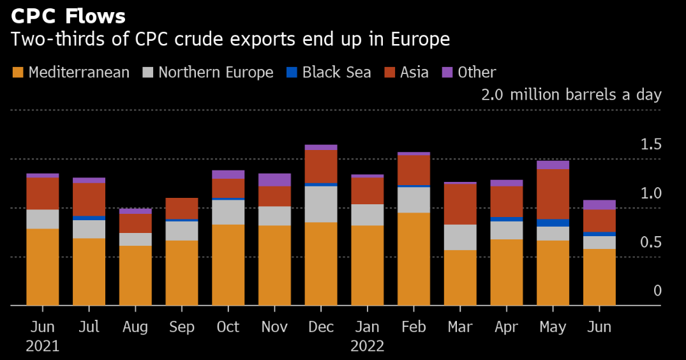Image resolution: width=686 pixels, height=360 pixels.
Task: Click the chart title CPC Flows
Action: coord(68,15)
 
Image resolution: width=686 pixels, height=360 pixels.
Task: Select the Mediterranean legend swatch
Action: coord(19,72)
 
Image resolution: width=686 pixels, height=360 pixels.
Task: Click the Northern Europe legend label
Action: coord(216,72)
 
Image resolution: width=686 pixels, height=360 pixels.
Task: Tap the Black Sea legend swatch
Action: coord(292,72)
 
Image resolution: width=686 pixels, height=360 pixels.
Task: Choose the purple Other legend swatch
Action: coord(447,72)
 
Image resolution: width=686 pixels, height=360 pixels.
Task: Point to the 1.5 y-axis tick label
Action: coord(652,145)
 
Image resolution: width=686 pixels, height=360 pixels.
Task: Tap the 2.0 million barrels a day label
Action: coord(571,95)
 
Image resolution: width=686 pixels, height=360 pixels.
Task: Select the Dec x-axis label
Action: coord(321,327)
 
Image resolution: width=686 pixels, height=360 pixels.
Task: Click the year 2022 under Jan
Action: coord(367,347)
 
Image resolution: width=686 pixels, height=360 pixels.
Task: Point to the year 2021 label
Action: coord(43,347)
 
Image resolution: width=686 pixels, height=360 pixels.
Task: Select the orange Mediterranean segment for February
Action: coord(414,259)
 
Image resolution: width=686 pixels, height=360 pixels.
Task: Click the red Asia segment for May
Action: coord(553,194)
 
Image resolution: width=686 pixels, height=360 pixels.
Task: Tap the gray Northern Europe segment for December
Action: coord(321,204)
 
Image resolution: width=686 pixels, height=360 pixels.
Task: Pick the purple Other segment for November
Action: coord(274,179)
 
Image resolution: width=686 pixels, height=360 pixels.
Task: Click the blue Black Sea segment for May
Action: coord(553,223)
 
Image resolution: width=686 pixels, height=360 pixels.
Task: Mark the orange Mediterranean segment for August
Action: coord(135,276)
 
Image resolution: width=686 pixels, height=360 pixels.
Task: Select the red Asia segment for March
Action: coord(460,204)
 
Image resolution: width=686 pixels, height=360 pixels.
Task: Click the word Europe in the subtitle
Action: coord(418,40)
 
